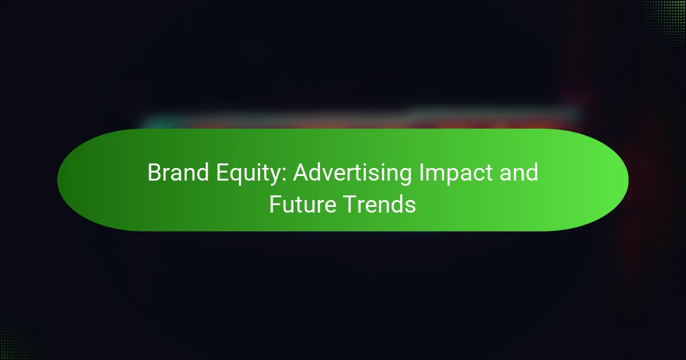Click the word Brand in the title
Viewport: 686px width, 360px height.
178,173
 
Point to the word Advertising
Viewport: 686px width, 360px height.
352,175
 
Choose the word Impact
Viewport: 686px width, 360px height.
456,175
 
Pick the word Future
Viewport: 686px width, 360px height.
302,204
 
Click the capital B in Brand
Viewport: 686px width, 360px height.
154,173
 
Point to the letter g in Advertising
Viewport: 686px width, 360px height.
405,177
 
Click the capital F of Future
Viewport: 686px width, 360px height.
276,204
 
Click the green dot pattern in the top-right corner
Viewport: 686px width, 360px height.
663,22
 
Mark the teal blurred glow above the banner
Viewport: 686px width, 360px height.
159,123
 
